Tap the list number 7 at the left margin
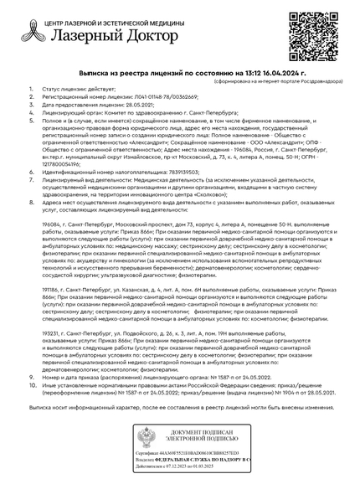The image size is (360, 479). click(29, 179)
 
